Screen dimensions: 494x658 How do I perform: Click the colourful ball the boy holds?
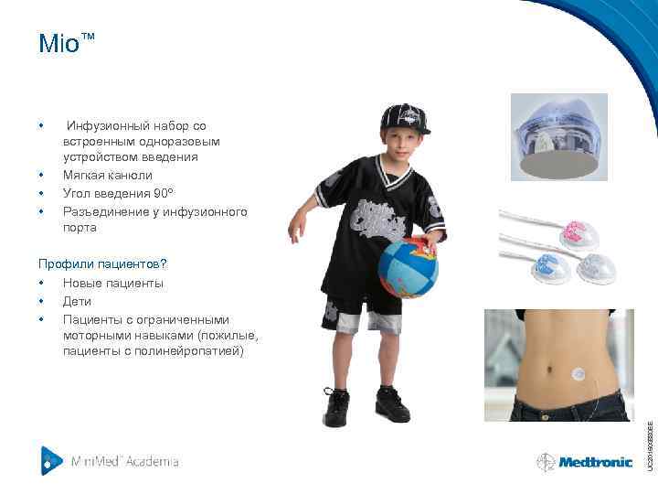pos(409,267)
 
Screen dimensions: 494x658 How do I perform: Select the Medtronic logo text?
pos(596,462)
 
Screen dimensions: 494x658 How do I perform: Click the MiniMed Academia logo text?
pos(124,461)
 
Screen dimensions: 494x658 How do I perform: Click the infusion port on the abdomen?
pos(578,374)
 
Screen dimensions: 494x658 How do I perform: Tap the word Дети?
pos(77,301)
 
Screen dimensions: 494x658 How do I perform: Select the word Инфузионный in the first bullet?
pos(105,125)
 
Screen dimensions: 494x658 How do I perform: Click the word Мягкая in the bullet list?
pos(82,175)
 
